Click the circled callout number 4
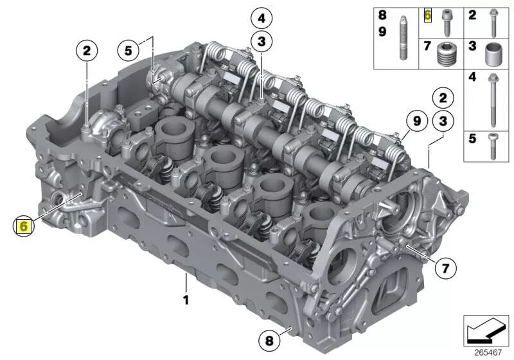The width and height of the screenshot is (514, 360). [x=261, y=19]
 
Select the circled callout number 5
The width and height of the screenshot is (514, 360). [x=128, y=51]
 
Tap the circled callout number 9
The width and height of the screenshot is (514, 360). [x=416, y=121]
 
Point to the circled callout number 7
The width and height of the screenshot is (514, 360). [x=445, y=269]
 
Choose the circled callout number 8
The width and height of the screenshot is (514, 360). [x=269, y=341]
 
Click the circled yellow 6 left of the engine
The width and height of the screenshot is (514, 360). [x=24, y=226]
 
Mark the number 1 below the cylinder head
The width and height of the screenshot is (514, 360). [x=186, y=300]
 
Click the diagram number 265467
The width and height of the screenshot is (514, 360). [x=488, y=353]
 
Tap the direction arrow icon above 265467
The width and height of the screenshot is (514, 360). [x=486, y=330]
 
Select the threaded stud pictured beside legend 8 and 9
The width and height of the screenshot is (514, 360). [x=403, y=38]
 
